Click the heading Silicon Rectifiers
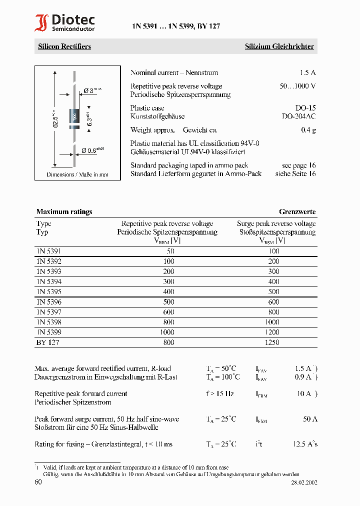[64, 46]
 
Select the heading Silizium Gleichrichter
[279, 46]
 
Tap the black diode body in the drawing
[74, 118]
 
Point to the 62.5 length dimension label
[56, 119]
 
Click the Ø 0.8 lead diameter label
[93, 150]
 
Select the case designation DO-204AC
[299, 116]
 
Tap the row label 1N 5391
[48, 251]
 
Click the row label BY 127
[47, 342]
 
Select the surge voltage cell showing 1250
[272, 342]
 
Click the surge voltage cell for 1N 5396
[273, 302]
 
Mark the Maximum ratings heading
[64, 211]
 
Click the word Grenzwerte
[297, 211]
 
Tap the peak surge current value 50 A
[310, 419]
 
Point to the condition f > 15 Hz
[219, 393]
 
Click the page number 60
[38, 482]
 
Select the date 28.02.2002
[304, 483]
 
